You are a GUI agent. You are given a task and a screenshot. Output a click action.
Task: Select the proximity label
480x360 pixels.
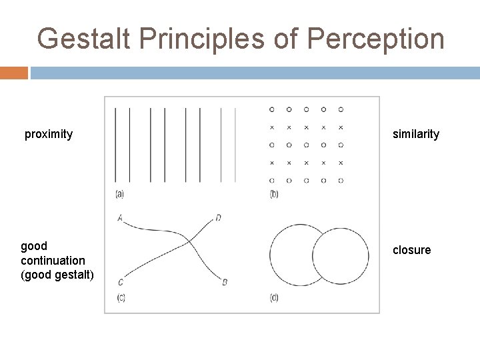point(49,134)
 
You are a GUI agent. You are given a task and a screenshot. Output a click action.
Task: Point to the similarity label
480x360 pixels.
point(416,134)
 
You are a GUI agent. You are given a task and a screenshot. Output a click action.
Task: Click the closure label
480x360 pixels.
point(412,250)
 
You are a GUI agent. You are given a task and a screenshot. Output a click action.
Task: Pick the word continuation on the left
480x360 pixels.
point(53,260)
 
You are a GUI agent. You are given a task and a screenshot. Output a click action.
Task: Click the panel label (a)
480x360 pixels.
point(119,194)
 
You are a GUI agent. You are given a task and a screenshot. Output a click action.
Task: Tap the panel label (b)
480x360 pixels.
point(274,194)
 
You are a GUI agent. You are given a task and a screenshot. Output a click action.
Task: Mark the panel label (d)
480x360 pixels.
point(274,297)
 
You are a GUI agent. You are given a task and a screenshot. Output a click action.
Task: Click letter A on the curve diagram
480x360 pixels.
point(119,217)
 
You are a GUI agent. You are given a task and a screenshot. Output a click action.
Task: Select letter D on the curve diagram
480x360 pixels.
point(219,218)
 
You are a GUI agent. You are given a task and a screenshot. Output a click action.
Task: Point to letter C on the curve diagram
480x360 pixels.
point(119,282)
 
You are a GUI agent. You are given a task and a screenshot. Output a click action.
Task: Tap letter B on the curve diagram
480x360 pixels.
point(225,282)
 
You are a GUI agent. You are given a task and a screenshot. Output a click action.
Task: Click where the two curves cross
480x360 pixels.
point(189,241)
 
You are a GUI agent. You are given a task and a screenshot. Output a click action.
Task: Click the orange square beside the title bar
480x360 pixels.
point(13,73)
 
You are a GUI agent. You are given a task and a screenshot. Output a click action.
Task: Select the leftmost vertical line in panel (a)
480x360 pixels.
point(115,144)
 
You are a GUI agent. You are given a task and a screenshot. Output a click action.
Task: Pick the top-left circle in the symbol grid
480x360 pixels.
point(271,109)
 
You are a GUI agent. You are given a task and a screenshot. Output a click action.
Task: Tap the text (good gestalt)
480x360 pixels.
point(57,276)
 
